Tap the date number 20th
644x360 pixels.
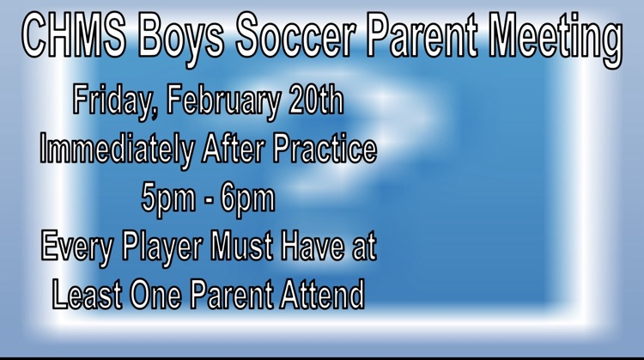pos(314,101)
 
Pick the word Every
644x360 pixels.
pos(74,248)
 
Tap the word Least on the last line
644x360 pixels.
pos(87,295)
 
